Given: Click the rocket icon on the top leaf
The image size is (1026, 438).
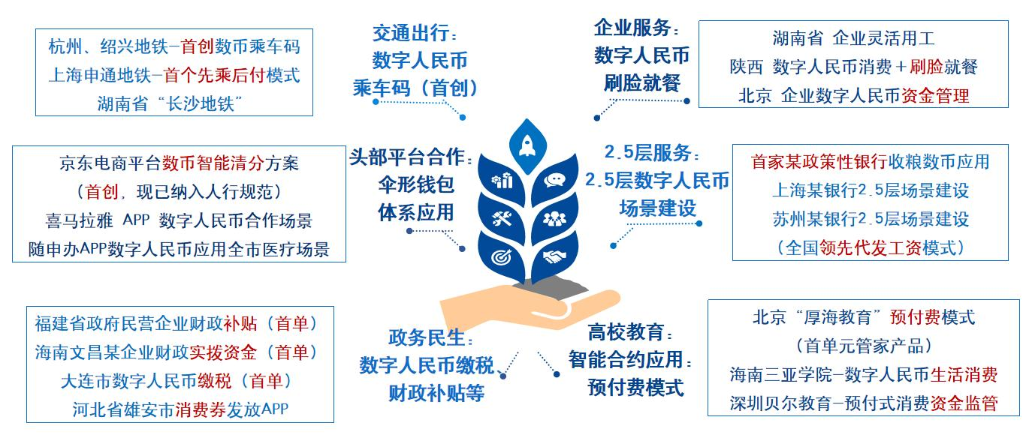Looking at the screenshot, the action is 528,146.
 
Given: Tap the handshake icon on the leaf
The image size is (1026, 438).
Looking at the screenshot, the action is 554,256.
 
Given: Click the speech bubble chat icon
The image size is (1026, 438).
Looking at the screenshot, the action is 554,180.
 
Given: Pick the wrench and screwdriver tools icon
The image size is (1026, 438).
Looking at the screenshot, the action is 502,219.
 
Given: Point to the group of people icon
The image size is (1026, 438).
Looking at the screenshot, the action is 554,219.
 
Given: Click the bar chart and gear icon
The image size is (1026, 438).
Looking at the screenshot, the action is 502,181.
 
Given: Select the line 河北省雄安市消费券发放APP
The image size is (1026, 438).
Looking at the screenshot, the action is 180,409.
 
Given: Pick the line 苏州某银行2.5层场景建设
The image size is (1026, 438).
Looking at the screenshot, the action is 871,219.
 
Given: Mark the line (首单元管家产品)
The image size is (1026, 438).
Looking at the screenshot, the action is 864,346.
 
